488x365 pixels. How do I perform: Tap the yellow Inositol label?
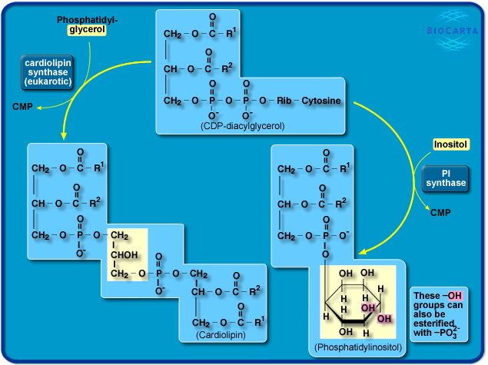[x=450, y=144]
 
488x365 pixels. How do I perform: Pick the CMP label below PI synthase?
[x=440, y=213]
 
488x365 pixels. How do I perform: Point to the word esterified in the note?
[x=437, y=324]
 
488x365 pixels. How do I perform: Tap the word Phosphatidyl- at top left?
[x=87, y=19]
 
